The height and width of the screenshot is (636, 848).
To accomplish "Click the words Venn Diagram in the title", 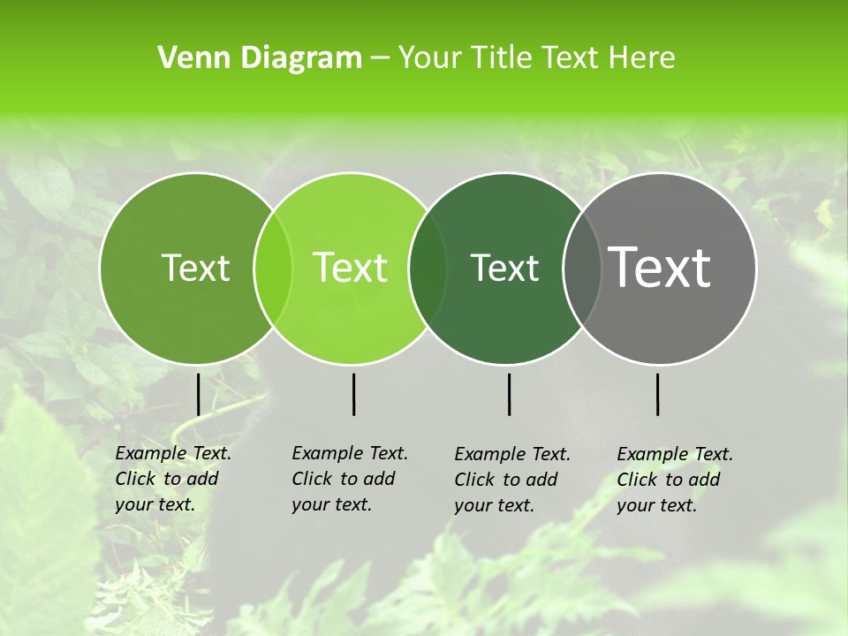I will tap(260, 58).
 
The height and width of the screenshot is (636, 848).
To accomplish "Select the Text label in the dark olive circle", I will tap(195, 268).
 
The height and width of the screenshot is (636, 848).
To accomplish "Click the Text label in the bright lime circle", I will tap(351, 268).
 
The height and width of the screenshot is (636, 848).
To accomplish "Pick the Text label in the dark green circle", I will tap(505, 268).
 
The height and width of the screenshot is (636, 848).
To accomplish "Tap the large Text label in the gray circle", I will tap(660, 268).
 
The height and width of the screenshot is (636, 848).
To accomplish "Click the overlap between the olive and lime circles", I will tap(273, 268).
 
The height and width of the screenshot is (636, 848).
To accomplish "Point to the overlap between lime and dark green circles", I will tap(428, 268).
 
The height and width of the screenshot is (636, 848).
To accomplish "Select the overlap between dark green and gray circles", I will tap(582, 268).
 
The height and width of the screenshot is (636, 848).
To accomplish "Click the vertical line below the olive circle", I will tap(198, 394).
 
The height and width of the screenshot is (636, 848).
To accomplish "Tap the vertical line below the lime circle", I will tap(353, 394).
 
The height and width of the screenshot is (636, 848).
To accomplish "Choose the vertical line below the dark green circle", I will tap(509, 394).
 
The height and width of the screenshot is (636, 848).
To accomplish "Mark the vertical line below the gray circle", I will tap(657, 394).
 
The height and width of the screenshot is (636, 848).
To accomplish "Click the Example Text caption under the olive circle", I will tap(173, 479).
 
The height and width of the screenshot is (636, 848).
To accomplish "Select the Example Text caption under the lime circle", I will tap(350, 479).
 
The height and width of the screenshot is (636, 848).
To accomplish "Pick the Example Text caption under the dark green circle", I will tap(512, 480).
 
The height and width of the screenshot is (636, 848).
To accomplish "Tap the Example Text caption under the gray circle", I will tap(675, 480).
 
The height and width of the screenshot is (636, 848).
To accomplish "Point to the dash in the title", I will tap(380, 59).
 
